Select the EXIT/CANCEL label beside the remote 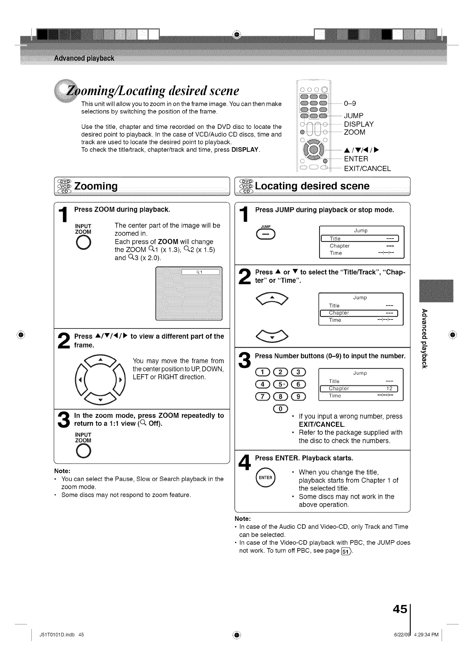pyautogui.click(x=367, y=168)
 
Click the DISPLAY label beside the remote pyautogui.click(x=359, y=124)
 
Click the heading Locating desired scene pyautogui.click(x=312, y=186)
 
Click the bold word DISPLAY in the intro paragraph pyautogui.click(x=245, y=150)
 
